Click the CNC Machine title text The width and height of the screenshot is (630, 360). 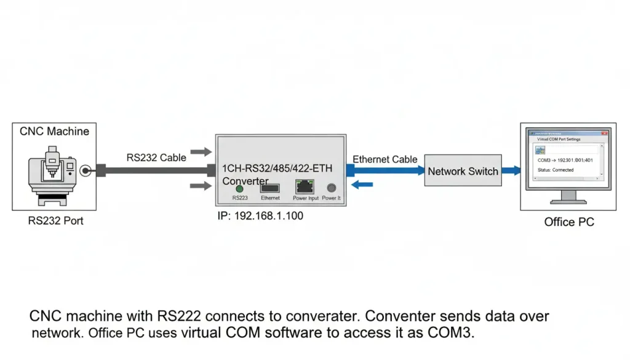54,131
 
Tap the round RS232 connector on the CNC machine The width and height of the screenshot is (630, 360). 84,170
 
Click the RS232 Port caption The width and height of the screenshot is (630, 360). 55,220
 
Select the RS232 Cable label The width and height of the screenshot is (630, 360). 156,158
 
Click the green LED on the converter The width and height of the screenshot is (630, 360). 239,188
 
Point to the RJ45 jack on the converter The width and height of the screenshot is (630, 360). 304,186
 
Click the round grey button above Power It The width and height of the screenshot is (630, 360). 332,188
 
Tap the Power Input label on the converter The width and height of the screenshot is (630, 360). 306,198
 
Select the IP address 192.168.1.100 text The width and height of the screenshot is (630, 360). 260,216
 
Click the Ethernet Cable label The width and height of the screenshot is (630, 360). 385,159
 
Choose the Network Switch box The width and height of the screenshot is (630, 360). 463,171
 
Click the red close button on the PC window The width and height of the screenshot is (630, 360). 605,132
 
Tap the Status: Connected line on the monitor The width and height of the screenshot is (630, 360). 556,170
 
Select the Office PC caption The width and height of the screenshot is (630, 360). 569,222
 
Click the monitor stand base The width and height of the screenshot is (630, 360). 567,201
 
